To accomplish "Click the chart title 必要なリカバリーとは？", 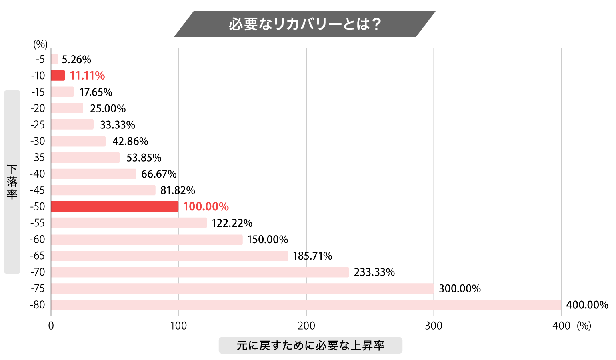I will point(304,24).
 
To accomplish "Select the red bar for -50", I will point(115,206).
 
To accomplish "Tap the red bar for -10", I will point(58,76).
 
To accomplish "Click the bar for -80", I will point(306,305).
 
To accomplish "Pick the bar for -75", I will point(242,288).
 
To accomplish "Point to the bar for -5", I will point(54,59).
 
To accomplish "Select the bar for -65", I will point(170,256).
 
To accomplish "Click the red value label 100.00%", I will point(206,206).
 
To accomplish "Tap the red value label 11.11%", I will point(87,76).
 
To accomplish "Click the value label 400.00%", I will point(587,305).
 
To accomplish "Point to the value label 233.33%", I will point(374,272).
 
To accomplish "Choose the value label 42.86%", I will point(130,141).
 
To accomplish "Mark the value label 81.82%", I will point(178,190).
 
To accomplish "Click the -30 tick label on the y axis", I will point(38,141).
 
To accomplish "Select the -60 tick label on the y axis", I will point(38,239).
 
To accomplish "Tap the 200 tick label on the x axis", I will point(306,326).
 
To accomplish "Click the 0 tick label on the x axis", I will point(51,326).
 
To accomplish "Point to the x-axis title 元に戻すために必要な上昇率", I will point(310,345).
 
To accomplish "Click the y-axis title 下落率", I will point(12,182).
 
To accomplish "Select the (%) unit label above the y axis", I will point(40,44).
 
